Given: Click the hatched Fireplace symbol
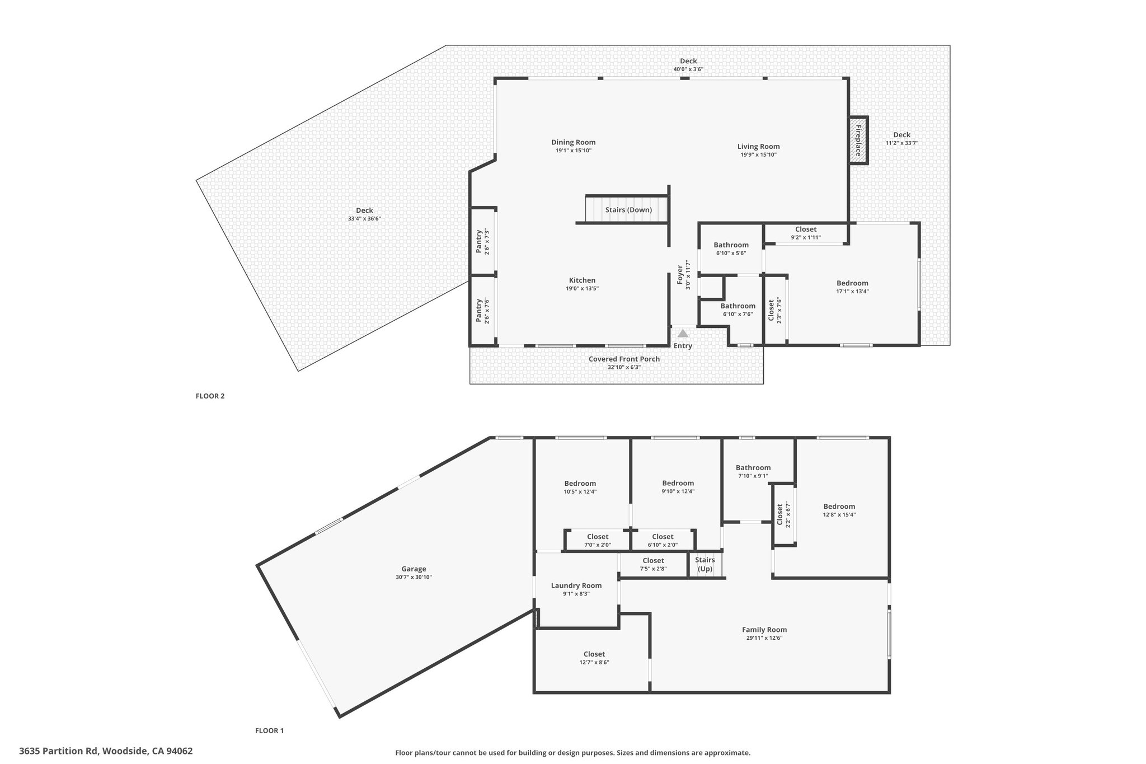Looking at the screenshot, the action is [x=858, y=140].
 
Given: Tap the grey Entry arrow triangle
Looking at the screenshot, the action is [x=683, y=333].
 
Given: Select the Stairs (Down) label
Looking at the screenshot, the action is [x=628, y=210].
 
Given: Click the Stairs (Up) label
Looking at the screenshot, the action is [x=705, y=564].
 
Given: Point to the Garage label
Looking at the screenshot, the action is [x=414, y=569].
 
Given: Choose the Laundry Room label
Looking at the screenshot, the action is [x=576, y=585].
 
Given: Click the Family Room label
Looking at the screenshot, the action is [x=764, y=630].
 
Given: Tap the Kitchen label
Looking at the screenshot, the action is [x=582, y=280].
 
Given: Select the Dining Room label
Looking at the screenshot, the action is [x=574, y=142].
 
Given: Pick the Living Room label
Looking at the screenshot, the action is [x=758, y=147].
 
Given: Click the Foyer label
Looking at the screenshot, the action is [x=680, y=274].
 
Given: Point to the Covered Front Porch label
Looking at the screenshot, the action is [x=624, y=359].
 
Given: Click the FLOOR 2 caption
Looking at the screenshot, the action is [x=210, y=396].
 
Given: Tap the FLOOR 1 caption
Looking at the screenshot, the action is [x=270, y=730].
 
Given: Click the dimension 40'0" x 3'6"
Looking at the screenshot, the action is [x=688, y=69].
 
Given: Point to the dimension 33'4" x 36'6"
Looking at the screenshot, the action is [x=364, y=219].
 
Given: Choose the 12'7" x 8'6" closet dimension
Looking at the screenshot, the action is [x=594, y=662].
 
